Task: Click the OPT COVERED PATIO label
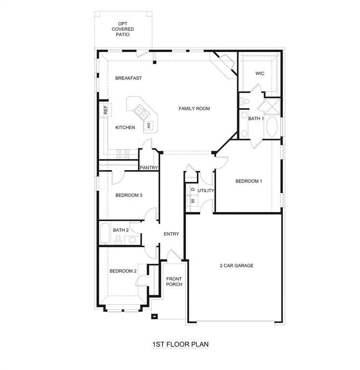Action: click(123, 29)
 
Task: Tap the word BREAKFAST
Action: click(128, 78)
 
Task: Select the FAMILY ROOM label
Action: click(194, 109)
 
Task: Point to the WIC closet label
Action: click(260, 74)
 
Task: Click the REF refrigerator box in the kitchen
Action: click(103, 110)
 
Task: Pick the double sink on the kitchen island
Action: click(141, 113)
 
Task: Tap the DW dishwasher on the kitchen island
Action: click(149, 125)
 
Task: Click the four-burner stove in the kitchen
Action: click(123, 153)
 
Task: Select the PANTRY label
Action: click(149, 168)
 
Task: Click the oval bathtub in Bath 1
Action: click(271, 127)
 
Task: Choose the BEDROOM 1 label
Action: click(248, 181)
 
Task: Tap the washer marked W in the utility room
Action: click(193, 200)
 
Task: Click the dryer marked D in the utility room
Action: click(193, 190)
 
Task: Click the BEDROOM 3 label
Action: click(129, 195)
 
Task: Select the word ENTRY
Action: click(171, 234)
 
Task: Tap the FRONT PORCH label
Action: click(174, 281)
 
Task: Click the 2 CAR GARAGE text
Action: click(236, 265)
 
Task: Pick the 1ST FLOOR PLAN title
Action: click(180, 344)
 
